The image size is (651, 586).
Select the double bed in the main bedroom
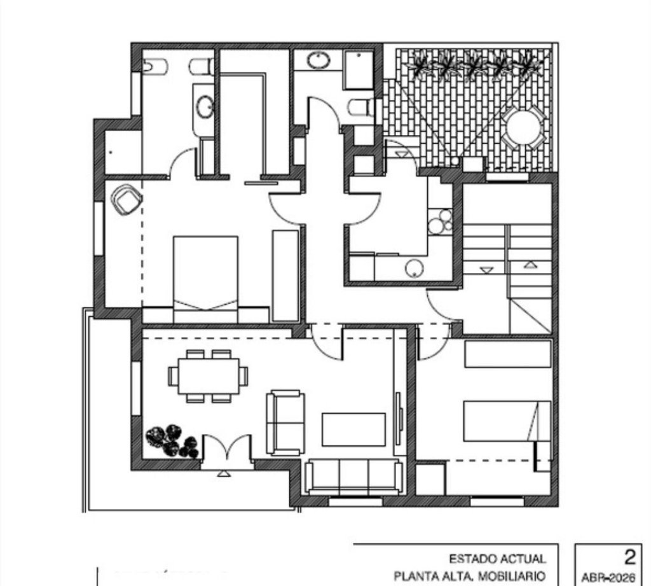pyautogui.click(x=205, y=279)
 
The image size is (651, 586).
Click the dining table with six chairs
pyautogui.click(x=208, y=376)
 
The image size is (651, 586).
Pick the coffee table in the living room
pyautogui.click(x=353, y=429)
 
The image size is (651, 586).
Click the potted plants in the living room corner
pyautogui.click(x=172, y=441)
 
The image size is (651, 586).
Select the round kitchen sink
pyautogui.click(x=414, y=268)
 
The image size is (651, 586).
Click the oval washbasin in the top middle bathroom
pyautogui.click(x=319, y=60)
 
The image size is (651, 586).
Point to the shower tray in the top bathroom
pyautogui.click(x=359, y=70)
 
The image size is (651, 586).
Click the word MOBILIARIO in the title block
pyautogui.click(x=512, y=576)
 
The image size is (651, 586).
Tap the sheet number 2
pyautogui.click(x=630, y=557)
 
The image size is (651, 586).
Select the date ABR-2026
pyautogui.click(x=608, y=577)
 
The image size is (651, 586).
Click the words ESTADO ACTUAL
pyautogui.click(x=497, y=559)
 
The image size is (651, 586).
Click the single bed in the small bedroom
pyautogui.click(x=507, y=421)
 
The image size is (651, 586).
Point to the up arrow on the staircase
pyautogui.click(x=529, y=264)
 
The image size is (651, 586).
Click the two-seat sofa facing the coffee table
pyautogui.click(x=285, y=422)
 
